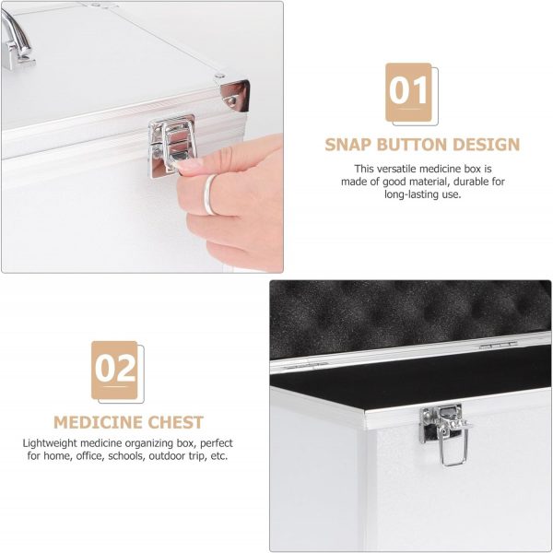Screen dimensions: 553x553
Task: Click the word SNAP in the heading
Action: pyautogui.click(x=348, y=145)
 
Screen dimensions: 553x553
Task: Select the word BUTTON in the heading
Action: pyautogui.click(x=412, y=145)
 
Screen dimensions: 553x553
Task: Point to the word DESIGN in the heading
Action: pyautogui.click(x=487, y=145)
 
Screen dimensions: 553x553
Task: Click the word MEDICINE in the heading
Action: pyautogui.click(x=98, y=422)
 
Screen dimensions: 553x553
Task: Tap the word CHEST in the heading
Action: pyautogui.click(x=175, y=422)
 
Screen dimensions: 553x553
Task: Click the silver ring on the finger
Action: pyautogui.click(x=209, y=194)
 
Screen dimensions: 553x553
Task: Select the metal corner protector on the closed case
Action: pyautogui.click(x=235, y=96)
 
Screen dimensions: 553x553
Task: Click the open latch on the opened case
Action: pyautogui.click(x=445, y=433)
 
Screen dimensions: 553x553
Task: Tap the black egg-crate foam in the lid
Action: pyautogui.click(x=410, y=315)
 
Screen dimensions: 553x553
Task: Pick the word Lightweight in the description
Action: pyautogui.click(x=50, y=443)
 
